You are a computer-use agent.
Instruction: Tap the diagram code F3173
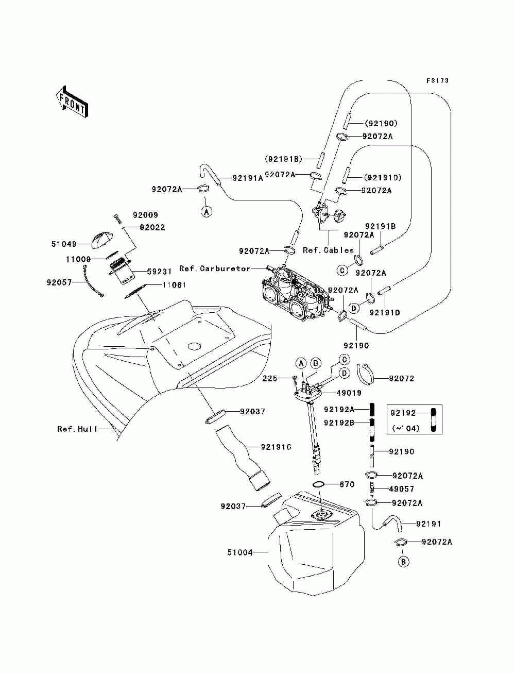[437, 81]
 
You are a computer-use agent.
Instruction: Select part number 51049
[63, 244]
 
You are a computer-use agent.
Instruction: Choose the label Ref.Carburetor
[215, 268]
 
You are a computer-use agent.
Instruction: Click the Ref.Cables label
[328, 250]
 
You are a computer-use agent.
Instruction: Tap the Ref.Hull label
[77, 429]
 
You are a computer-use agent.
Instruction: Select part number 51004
[240, 552]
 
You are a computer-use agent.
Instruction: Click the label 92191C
[276, 447]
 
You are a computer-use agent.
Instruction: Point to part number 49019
[349, 393]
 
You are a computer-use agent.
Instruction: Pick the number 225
[270, 379]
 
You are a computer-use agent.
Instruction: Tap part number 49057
[402, 488]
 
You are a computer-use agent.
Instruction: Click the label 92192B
[339, 423]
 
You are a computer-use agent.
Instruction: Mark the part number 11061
[174, 284]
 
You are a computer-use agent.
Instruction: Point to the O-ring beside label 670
[319, 484]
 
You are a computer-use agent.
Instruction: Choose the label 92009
[146, 215]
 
